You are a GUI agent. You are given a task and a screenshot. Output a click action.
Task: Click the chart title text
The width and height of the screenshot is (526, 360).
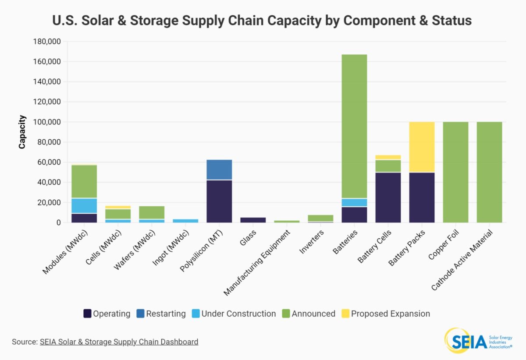pyautogui.click(x=262, y=21)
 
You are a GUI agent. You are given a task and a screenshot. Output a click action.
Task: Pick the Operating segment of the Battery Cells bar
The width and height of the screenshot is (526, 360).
pyautogui.click(x=388, y=198)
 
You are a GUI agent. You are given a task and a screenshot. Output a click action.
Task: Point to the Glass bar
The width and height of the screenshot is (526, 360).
pyautogui.click(x=253, y=220)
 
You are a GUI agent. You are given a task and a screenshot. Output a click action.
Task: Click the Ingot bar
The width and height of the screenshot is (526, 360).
pyautogui.click(x=185, y=221)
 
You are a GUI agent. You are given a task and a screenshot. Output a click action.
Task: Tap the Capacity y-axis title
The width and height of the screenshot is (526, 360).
pyautogui.click(x=22, y=132)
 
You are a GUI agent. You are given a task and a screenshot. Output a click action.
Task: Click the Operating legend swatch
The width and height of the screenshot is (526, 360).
pyautogui.click(x=87, y=314)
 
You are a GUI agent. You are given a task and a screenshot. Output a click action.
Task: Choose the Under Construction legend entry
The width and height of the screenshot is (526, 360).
pyautogui.click(x=235, y=314)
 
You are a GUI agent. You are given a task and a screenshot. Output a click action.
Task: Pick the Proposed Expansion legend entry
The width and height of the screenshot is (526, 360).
pyautogui.click(x=385, y=314)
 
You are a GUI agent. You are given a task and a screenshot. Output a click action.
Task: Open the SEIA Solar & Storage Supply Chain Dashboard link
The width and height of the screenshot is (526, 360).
pyautogui.click(x=119, y=342)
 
